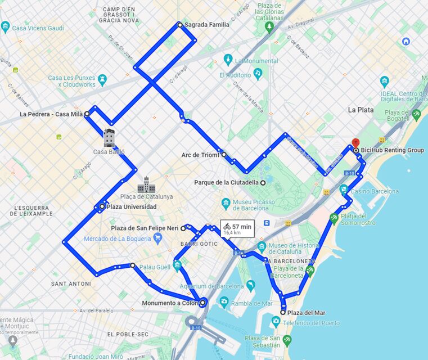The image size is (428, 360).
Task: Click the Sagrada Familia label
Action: pos(206,25)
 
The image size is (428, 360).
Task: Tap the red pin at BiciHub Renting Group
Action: pos(355,143)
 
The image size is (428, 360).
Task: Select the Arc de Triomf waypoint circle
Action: pos(224,154)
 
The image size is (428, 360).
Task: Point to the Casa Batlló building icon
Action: pos(109,137)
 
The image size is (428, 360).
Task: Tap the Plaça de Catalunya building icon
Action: pos(146,184)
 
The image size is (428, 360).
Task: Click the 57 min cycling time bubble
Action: pos(238,228)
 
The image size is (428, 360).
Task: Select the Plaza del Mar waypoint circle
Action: pos(283,312)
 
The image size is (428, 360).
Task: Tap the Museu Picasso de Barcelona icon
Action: pos(226,202)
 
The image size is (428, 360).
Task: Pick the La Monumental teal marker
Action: pos(228,60)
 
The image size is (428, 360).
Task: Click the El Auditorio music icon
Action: pos(258,73)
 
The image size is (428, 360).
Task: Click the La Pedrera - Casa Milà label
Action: pos(51,114)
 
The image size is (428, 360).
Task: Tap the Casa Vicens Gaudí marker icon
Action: pos(6,26)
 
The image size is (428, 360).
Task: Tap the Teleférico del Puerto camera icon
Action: pos(276,322)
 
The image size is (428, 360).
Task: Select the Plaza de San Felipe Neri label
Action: pos(145,228)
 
